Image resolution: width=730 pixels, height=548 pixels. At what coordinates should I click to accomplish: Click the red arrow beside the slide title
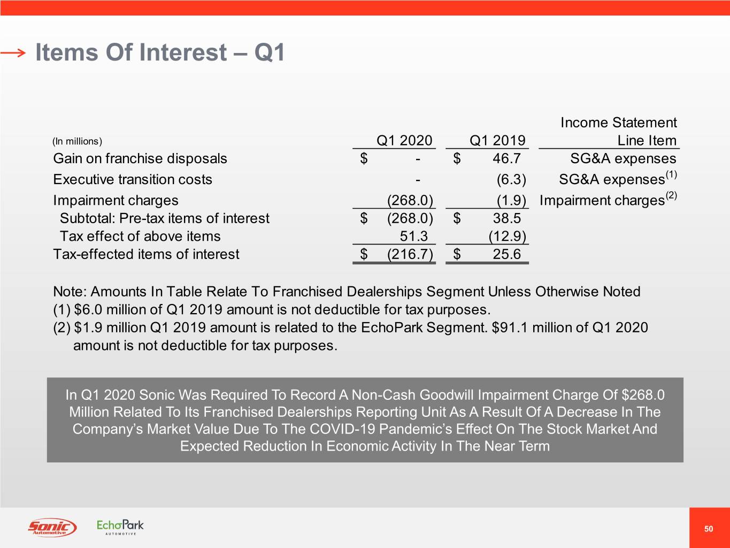pos(13,52)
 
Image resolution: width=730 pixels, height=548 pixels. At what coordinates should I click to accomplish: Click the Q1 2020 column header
pos(404,140)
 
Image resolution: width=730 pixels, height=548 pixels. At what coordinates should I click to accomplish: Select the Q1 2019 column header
pos(497,140)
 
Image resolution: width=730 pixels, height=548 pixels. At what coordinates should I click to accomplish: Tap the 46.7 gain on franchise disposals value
pos(506,158)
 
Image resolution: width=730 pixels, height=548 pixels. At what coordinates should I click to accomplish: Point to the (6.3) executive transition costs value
pos(511,179)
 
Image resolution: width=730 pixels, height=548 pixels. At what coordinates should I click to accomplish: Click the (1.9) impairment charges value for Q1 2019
pos(511,200)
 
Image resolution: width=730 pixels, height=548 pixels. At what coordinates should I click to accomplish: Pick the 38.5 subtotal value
pos(506,218)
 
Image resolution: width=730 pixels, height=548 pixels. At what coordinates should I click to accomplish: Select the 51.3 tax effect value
pos(413,236)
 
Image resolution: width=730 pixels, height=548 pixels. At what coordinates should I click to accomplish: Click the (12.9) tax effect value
pos(507,236)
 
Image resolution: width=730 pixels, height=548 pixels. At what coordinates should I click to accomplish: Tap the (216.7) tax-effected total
pos(410,254)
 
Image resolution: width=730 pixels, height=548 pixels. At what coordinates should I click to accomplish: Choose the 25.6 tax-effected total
pos(506,254)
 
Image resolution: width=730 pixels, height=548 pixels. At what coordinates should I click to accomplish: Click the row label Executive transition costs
pos(133,179)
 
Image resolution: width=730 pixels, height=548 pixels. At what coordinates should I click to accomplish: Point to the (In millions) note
pos(77,141)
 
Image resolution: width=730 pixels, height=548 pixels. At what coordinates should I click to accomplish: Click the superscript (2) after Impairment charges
pos(671,195)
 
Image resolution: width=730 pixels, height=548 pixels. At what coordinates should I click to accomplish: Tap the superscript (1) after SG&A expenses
pos(671,174)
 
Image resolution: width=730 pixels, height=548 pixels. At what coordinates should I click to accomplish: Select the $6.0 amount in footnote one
pos(88,310)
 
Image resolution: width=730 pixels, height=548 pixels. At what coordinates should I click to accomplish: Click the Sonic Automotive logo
pos(52,527)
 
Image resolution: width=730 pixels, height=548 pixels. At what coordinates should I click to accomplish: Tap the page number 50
pos(709,529)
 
